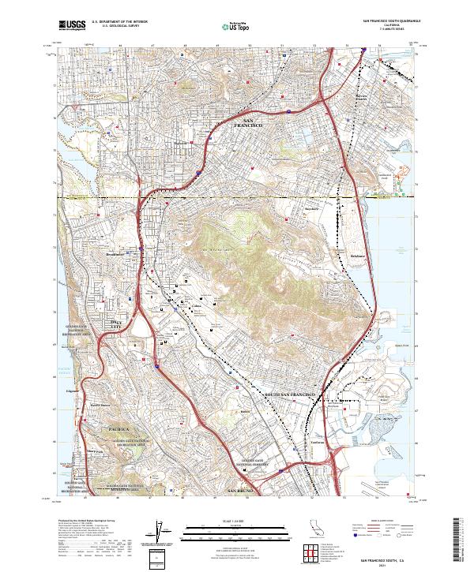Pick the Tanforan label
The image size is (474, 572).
tap(294, 443)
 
